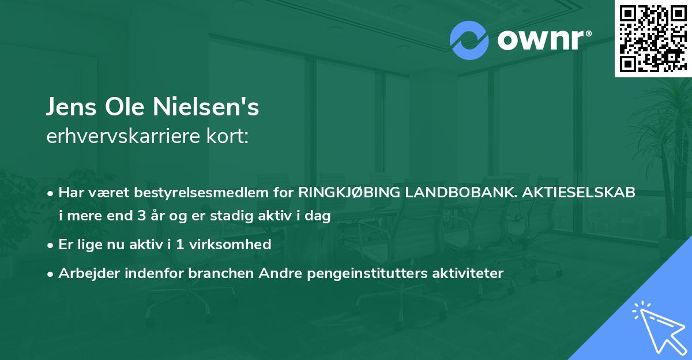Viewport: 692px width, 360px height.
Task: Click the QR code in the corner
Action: coord(653,38)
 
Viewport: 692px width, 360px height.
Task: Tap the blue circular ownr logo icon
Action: coord(470,40)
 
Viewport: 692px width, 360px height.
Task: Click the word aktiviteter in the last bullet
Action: coord(468,273)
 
